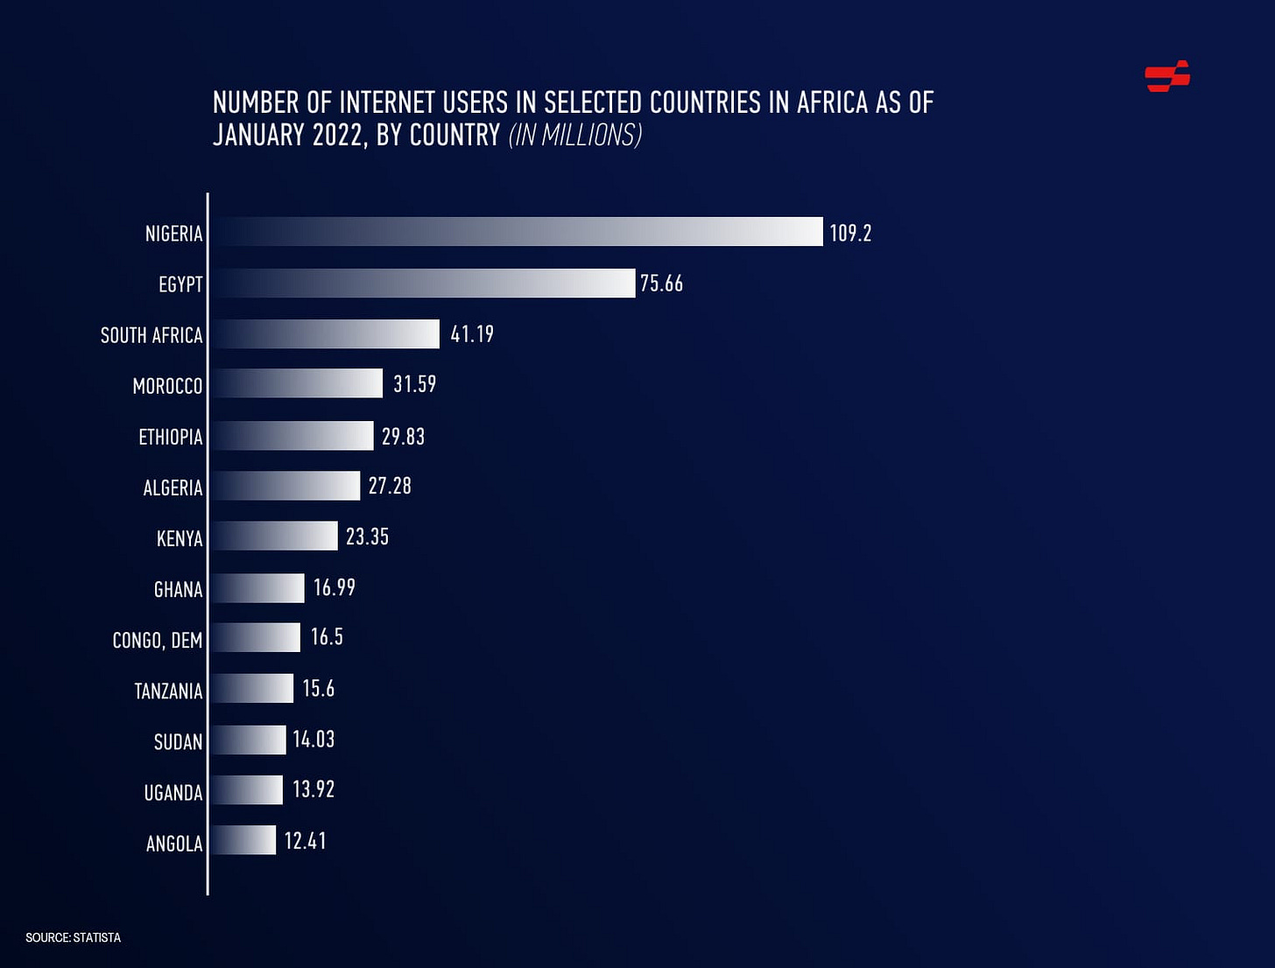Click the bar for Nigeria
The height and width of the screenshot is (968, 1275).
517,232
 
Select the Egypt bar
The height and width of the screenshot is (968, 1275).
423,283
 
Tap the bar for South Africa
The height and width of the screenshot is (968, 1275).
325,333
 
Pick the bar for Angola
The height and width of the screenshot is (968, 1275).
243,840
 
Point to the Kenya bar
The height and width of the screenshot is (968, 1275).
274,536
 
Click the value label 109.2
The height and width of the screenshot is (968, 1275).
850,233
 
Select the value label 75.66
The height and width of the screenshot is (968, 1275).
661,284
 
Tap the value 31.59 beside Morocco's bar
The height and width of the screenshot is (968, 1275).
414,384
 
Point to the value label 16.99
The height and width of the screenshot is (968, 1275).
335,587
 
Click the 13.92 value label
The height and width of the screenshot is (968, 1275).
313,789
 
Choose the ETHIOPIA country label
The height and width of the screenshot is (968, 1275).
171,437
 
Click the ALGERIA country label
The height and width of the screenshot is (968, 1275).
173,488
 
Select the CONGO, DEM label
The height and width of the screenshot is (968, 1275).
158,640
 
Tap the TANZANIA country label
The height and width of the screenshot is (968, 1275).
168,691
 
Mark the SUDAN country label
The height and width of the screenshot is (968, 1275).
178,742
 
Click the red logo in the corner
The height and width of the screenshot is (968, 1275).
1167,76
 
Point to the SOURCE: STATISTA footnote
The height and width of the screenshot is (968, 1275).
74,937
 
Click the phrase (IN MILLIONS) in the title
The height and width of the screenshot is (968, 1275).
575,135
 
